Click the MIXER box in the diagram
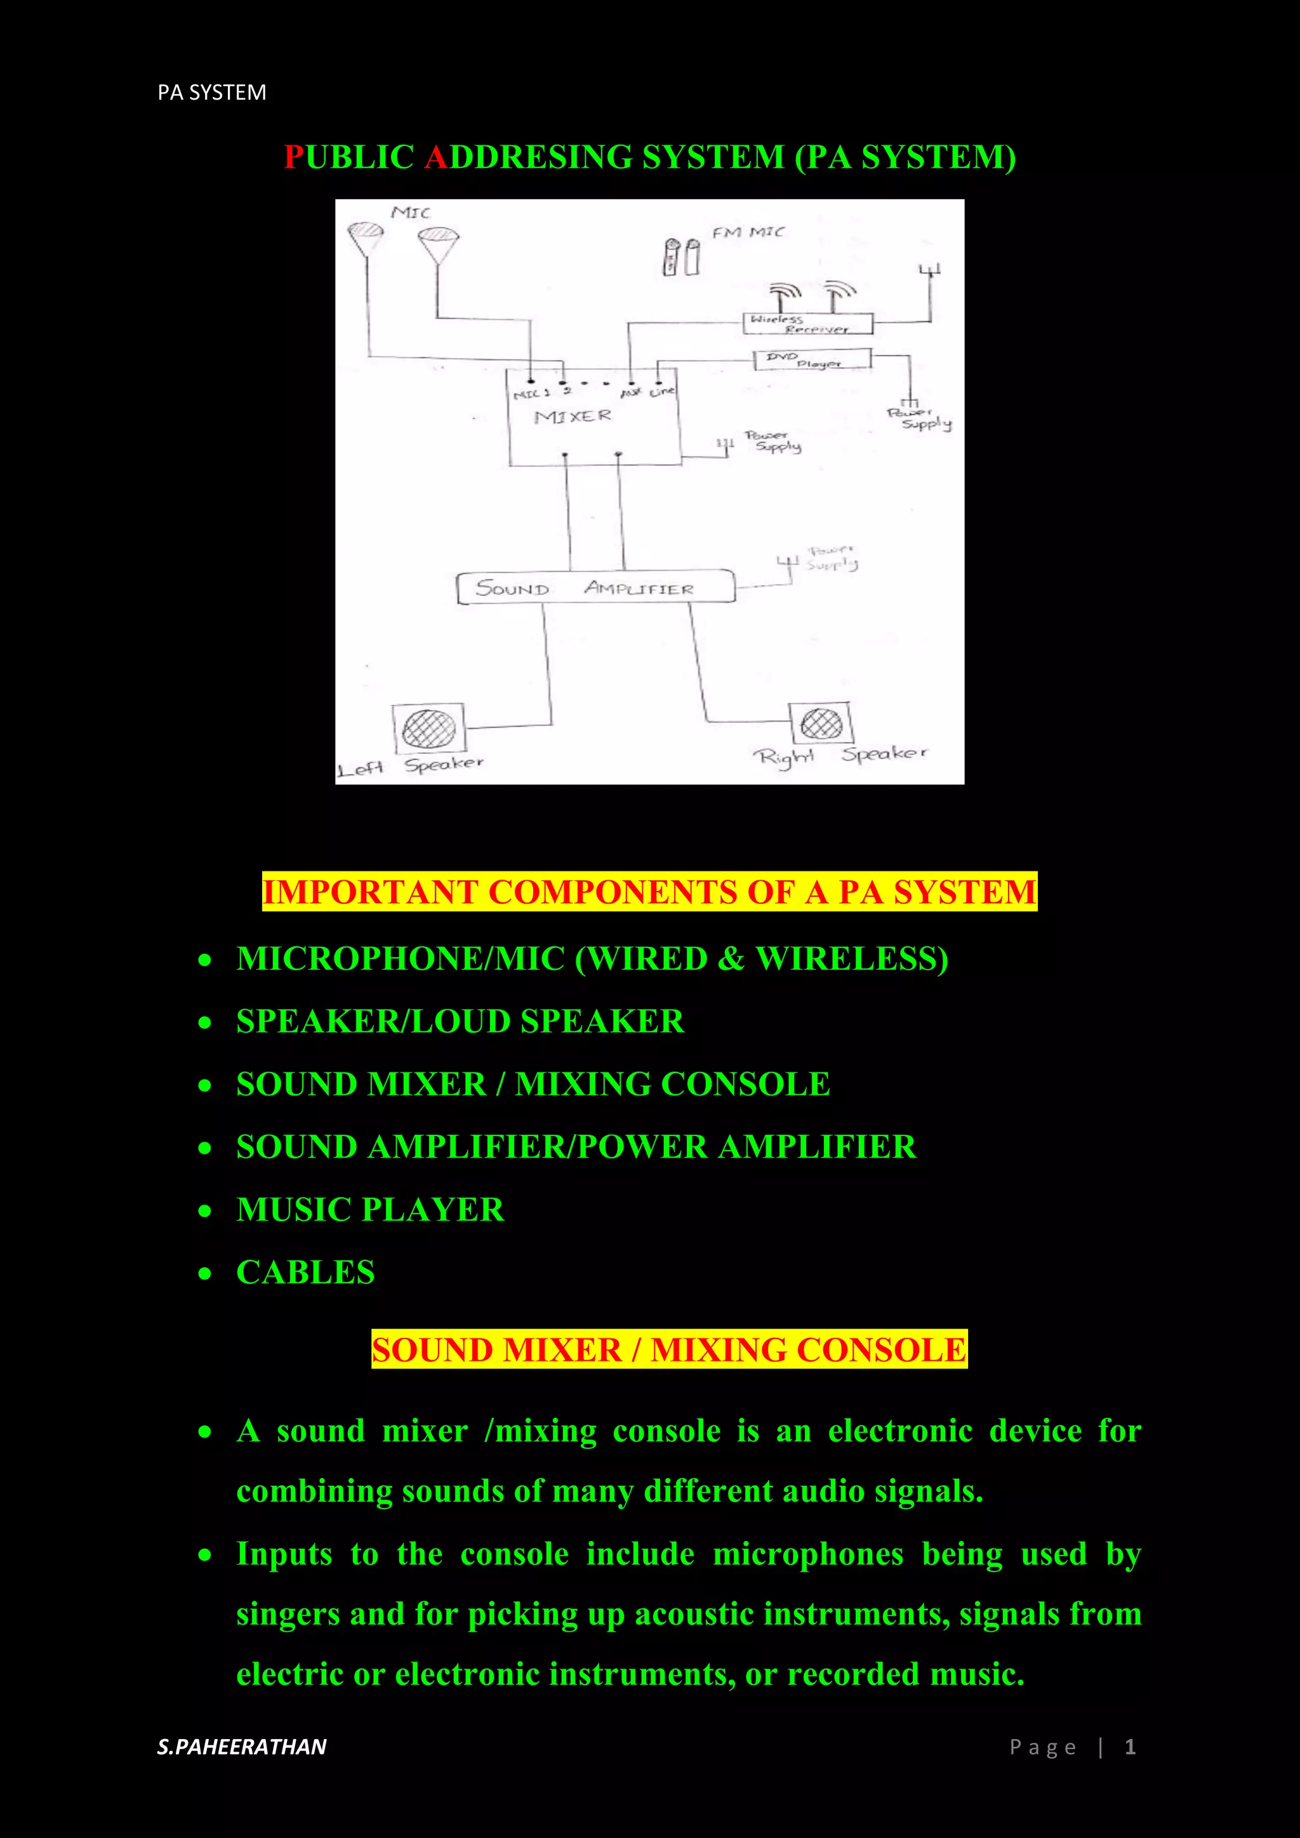[594, 417]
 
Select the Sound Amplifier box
[595, 588]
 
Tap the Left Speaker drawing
[428, 728]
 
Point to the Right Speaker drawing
[821, 724]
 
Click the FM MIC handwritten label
[748, 232]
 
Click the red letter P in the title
[294, 157]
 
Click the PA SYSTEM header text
[211, 93]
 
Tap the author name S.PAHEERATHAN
[242, 1747]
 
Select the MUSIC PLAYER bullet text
[370, 1210]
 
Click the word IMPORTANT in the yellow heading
[370, 892]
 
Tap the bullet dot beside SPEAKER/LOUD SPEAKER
[206, 1022]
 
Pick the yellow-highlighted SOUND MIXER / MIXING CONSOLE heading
[668, 1350]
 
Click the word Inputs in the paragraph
[284, 1554]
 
